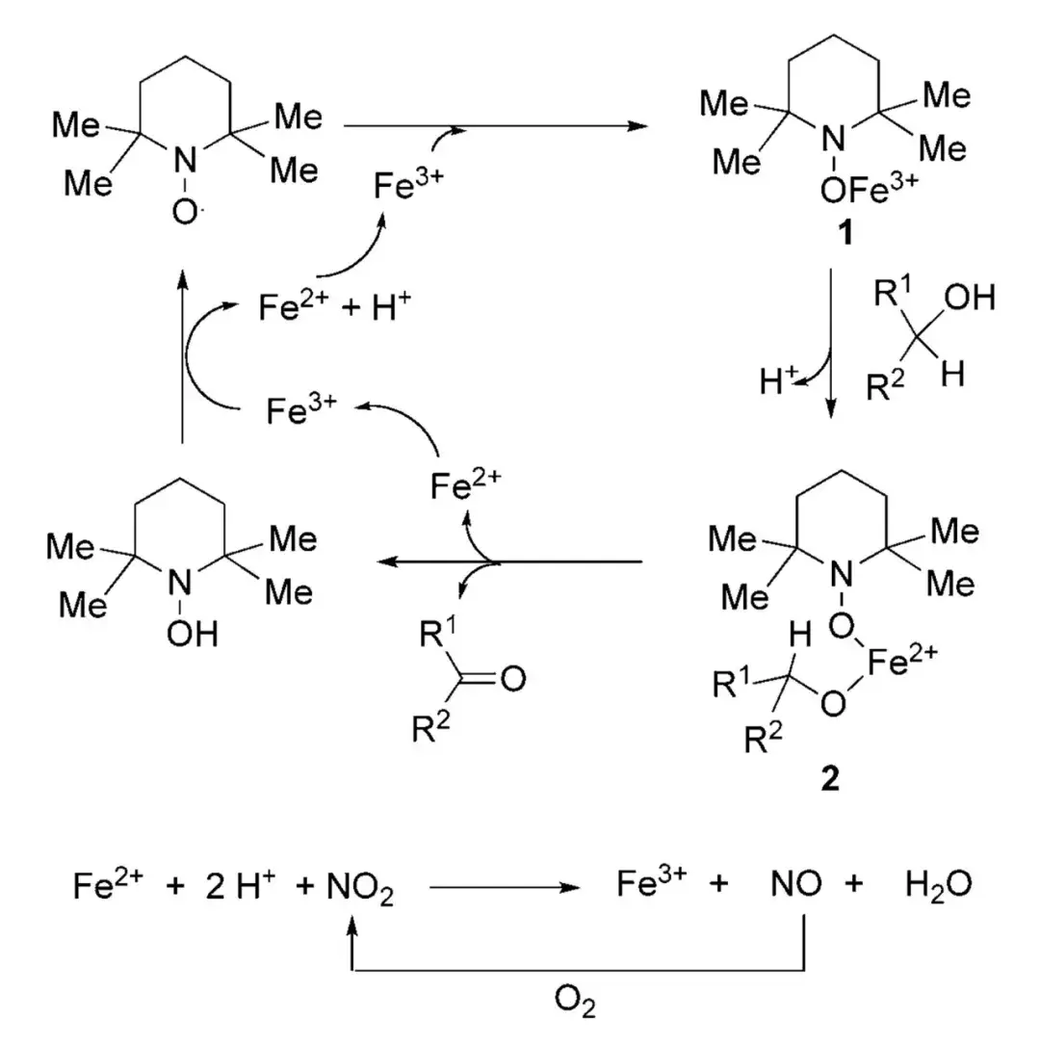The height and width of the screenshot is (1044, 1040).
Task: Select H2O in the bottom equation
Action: tap(937, 885)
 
